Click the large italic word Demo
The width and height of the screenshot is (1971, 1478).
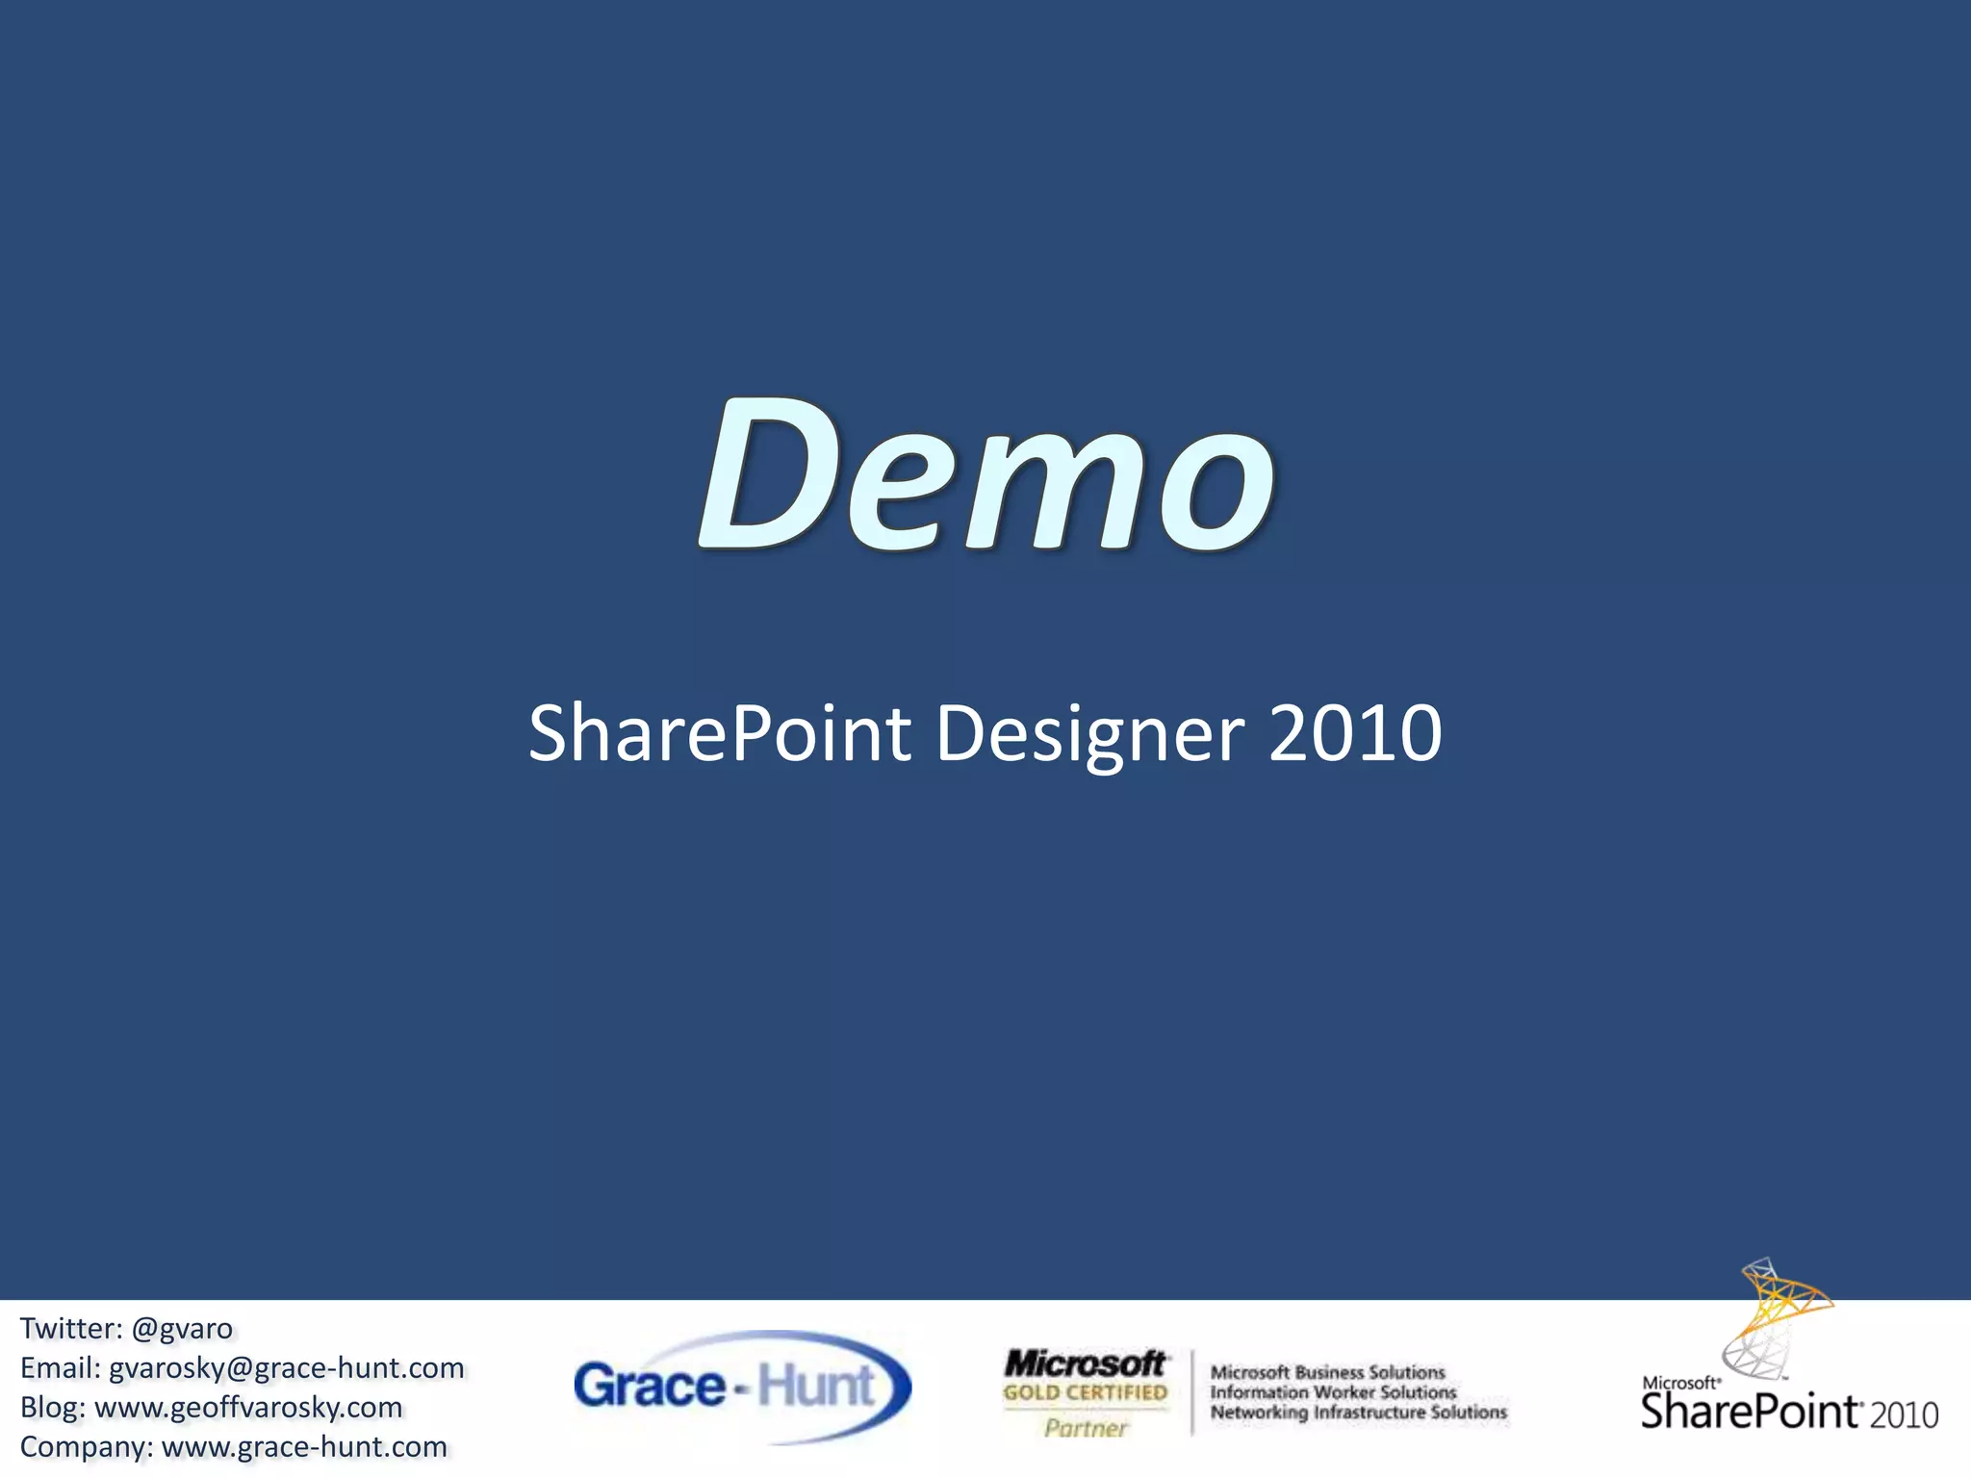pyautogui.click(x=985, y=476)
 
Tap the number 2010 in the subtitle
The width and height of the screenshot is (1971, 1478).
pyautogui.click(x=1355, y=734)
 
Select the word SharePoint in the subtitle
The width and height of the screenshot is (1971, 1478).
pyautogui.click(x=719, y=734)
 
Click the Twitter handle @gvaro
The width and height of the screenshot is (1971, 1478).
pyautogui.click(x=182, y=1329)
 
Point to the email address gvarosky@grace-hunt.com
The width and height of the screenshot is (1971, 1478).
pyautogui.click(x=287, y=1368)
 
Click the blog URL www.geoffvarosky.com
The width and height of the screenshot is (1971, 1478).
pyautogui.click(x=248, y=1408)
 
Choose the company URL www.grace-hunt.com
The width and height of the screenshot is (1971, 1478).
pyautogui.click(x=304, y=1447)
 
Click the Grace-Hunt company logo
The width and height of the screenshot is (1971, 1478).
pyautogui.click(x=741, y=1387)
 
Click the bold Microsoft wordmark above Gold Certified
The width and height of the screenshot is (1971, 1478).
pyautogui.click(x=1085, y=1363)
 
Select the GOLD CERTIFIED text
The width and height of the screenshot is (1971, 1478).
pyautogui.click(x=1085, y=1392)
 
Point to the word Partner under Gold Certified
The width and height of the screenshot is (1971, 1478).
pyautogui.click(x=1085, y=1428)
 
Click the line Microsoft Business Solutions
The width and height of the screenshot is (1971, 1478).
pyautogui.click(x=1327, y=1372)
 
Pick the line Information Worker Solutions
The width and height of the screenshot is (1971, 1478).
pyautogui.click(x=1333, y=1392)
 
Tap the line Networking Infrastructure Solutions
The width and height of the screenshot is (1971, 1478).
pyautogui.click(x=1358, y=1413)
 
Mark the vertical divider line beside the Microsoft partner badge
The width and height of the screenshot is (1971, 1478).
pyautogui.click(x=1192, y=1392)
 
